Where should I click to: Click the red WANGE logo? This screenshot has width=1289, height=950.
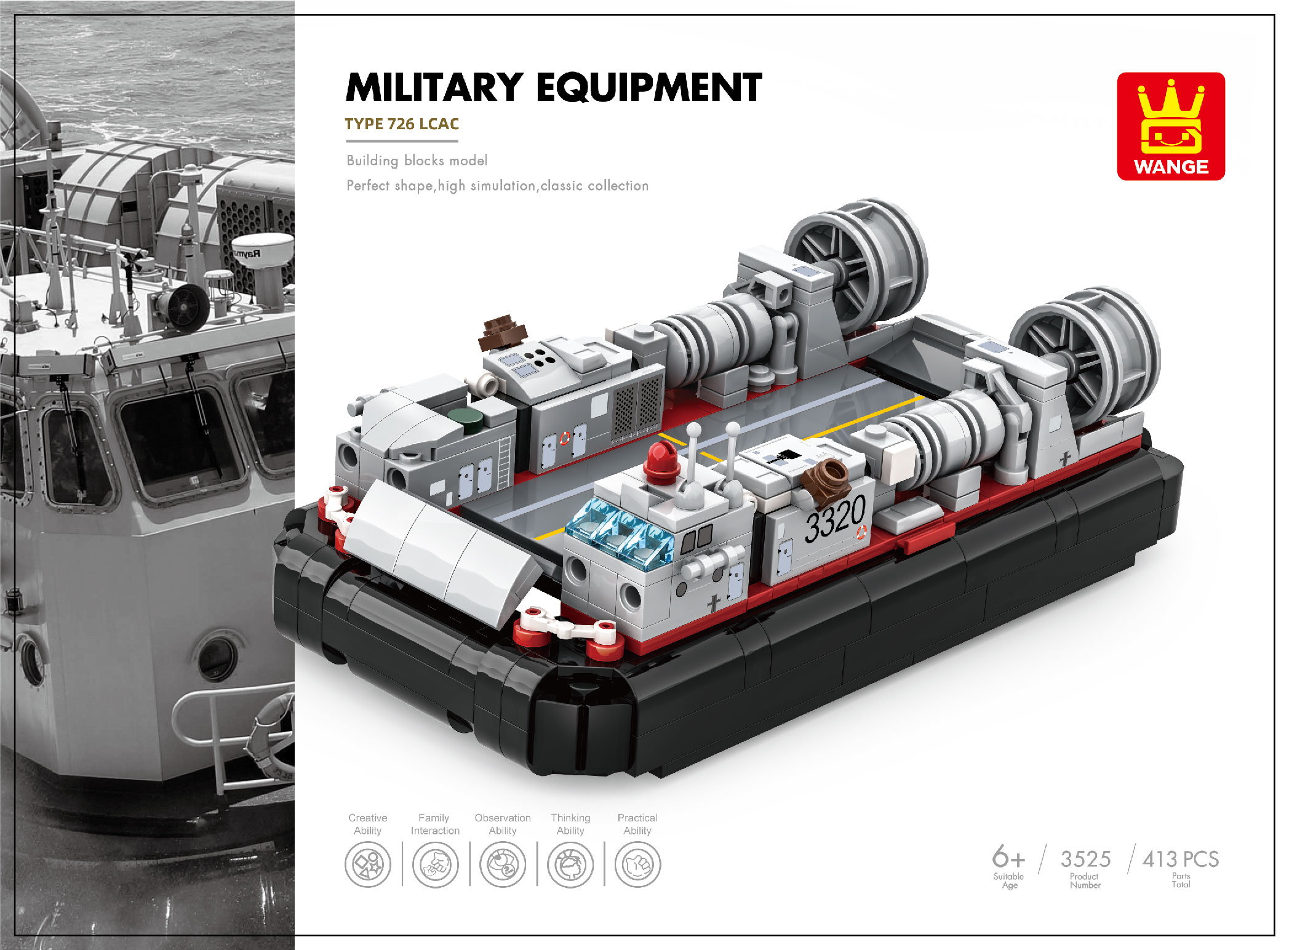tap(1171, 126)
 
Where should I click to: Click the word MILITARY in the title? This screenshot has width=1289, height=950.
tap(434, 87)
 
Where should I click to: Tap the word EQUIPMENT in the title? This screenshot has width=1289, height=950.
tap(650, 87)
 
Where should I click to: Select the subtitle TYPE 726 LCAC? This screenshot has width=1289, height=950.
tap(402, 124)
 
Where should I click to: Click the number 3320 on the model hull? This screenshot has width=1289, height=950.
tap(835, 520)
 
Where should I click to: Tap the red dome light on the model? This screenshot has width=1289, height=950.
tap(661, 459)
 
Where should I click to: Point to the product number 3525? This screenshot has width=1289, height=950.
tap(1085, 859)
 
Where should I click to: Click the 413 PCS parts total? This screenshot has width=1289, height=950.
tap(1181, 859)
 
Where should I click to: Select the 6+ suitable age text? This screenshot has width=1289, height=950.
tap(1008, 856)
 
